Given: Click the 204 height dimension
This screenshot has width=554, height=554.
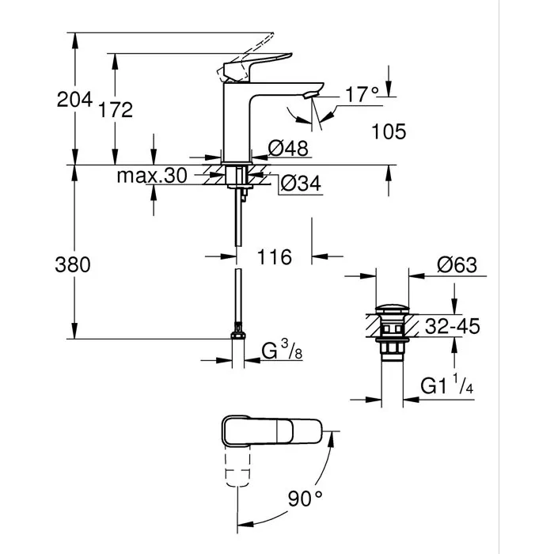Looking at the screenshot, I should (x=75, y=100).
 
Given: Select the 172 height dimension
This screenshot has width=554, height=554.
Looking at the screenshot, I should (x=116, y=110).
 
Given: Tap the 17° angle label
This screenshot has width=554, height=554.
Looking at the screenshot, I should (x=362, y=95).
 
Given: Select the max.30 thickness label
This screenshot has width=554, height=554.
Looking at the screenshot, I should (x=151, y=176).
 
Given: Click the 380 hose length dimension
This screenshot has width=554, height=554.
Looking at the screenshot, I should (x=74, y=264).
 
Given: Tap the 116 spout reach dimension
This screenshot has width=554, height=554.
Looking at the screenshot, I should (x=275, y=257).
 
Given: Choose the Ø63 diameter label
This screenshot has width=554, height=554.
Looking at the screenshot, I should (x=457, y=266).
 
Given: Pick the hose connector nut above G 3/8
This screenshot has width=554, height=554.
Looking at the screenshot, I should (x=237, y=338).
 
